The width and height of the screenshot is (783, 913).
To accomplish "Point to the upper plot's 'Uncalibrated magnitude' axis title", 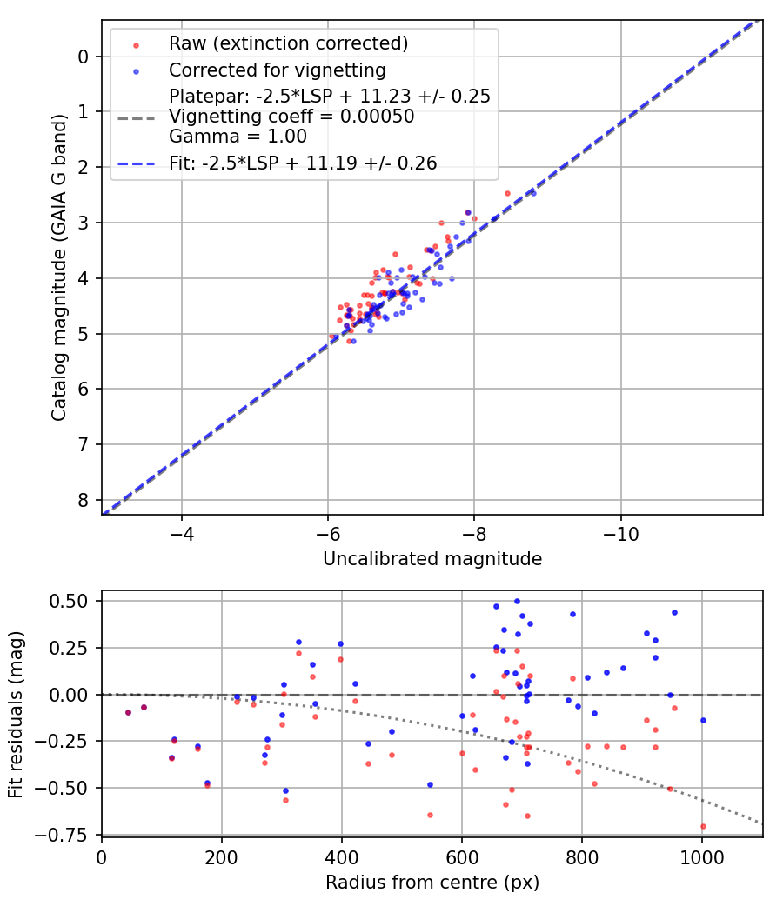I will click(432, 559).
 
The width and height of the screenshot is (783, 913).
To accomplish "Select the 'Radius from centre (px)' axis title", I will click(432, 883).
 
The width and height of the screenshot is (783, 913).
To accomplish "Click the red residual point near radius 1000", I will click(703, 826).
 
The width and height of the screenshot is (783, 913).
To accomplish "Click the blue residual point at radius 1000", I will click(703, 720).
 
